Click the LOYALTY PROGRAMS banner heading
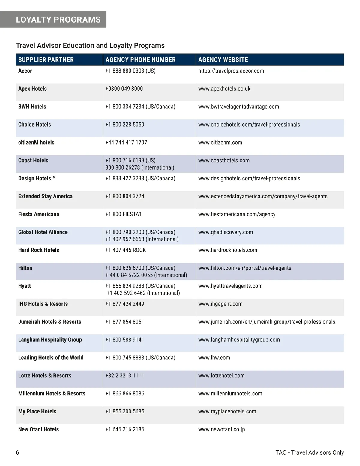(x=58, y=20)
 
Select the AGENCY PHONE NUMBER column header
(x=140, y=60)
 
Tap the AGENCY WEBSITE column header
(x=223, y=60)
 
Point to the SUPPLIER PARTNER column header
(x=46, y=60)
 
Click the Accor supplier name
(x=25, y=71)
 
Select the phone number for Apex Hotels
(x=124, y=89)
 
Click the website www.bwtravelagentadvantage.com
(x=238, y=107)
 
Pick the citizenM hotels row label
(x=36, y=143)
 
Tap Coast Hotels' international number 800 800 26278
(x=139, y=167)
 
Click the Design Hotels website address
(x=249, y=179)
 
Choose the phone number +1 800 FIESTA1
(x=123, y=214)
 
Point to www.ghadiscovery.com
(x=225, y=232)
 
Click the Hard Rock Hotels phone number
(x=125, y=250)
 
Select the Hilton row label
(x=25, y=268)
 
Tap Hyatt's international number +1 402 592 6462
(x=143, y=293)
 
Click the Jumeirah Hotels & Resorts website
(x=266, y=322)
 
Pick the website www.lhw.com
(x=214, y=358)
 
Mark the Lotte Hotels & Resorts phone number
(x=124, y=376)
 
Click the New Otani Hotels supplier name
(x=38, y=429)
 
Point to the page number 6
(x=17, y=452)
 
